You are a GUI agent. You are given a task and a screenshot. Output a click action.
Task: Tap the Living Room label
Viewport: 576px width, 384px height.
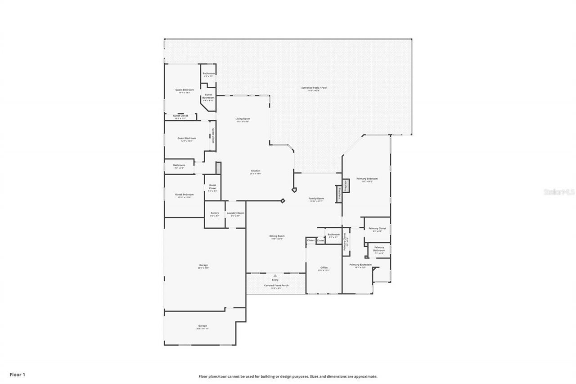pos(243,119)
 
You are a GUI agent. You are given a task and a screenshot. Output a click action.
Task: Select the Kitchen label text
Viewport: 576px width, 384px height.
pos(256,171)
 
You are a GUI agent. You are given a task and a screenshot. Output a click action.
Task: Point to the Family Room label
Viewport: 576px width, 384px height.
pos(316,199)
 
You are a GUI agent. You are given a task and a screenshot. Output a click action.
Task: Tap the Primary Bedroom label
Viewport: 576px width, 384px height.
pos(367,179)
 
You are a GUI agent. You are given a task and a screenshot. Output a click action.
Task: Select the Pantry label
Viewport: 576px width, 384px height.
pos(215,213)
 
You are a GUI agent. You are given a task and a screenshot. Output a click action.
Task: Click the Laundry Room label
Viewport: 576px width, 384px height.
pos(235,213)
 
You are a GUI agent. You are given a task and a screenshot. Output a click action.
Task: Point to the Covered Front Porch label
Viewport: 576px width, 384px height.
pos(276,285)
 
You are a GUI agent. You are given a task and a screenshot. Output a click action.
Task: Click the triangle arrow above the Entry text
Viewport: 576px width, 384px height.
pos(275,275)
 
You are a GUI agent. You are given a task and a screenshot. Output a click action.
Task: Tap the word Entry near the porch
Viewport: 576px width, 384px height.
pos(275,280)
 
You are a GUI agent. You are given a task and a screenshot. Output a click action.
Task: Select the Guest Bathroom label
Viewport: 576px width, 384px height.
pos(208,96)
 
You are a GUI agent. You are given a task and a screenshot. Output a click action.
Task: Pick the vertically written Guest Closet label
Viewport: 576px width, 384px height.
pos(213,136)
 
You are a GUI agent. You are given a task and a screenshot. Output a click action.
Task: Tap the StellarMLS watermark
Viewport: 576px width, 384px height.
pos(559,192)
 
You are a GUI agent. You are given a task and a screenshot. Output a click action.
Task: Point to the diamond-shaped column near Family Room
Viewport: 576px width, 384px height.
pos(283,201)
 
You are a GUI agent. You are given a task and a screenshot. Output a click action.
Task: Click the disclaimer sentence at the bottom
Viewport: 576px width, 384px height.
pos(288,376)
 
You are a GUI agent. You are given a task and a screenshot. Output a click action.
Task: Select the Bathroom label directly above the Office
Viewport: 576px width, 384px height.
pos(333,234)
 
